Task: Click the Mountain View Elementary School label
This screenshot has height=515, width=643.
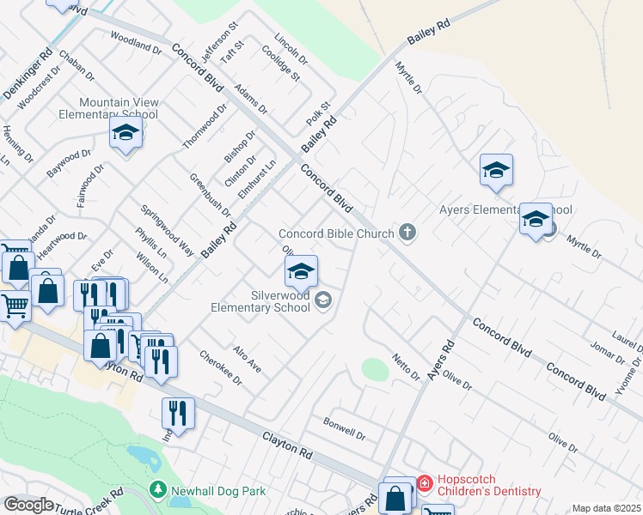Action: point(108,108)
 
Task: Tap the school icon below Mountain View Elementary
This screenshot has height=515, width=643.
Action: point(126,134)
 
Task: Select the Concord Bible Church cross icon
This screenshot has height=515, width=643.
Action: point(407,233)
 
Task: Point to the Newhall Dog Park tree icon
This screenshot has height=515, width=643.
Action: point(157,490)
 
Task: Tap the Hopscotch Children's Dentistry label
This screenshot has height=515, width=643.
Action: point(489,485)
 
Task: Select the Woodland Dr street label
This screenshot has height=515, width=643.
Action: point(136,42)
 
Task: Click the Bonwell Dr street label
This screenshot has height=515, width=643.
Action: point(344,428)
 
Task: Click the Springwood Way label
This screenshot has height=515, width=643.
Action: point(167,230)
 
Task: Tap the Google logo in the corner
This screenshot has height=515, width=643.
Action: point(28,504)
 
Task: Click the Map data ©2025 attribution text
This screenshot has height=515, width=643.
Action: point(606,508)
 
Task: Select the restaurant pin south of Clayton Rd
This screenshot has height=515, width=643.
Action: point(178,414)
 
